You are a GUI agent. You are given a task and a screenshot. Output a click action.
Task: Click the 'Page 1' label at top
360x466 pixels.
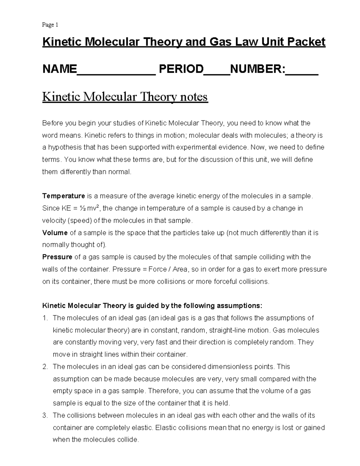50,25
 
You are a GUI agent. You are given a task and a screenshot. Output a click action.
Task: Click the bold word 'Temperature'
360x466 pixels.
64,196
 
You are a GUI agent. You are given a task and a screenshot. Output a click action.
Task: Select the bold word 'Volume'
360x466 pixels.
55,233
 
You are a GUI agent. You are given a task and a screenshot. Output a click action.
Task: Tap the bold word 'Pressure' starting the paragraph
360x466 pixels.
57,257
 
